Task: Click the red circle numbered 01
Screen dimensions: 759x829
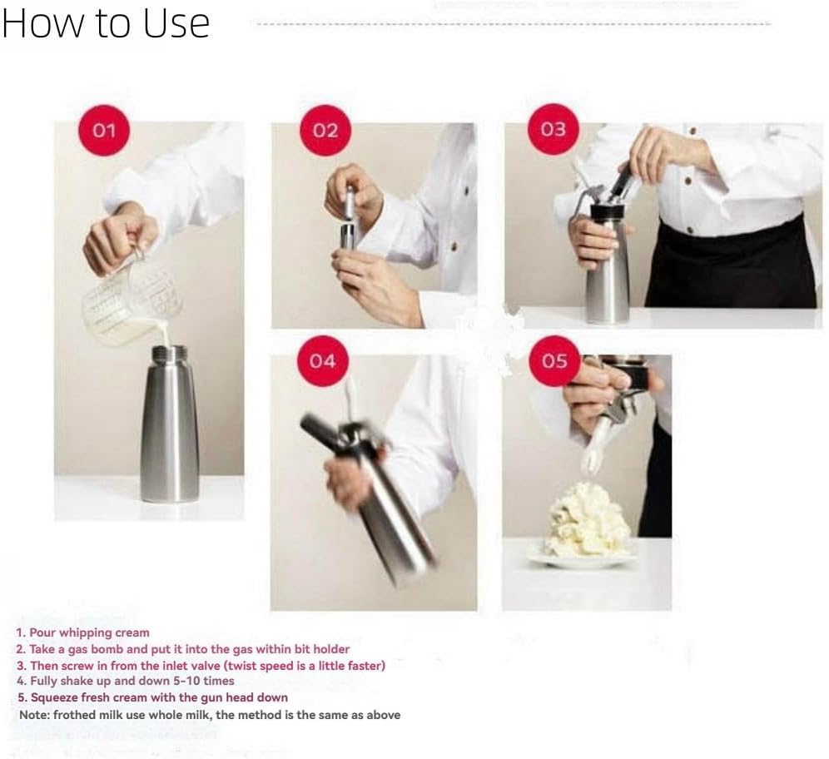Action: (x=104, y=131)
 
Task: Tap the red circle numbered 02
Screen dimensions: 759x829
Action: (x=325, y=131)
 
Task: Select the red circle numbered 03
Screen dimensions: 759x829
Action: (x=553, y=129)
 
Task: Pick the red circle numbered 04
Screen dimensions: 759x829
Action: (x=322, y=360)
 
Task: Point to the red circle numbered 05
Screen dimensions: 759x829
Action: (x=553, y=360)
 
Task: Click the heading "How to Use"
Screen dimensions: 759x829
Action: (x=105, y=24)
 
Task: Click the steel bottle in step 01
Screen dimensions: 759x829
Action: (x=169, y=433)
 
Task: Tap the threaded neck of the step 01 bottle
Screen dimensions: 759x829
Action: (x=169, y=354)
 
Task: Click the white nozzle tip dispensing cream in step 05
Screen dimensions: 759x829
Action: (x=593, y=460)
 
